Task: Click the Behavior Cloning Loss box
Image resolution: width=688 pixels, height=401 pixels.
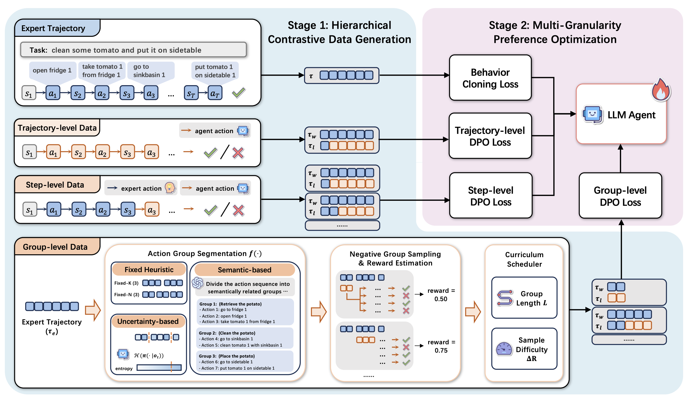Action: pyautogui.click(x=490, y=78)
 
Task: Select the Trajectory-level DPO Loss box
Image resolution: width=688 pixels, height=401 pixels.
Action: pyautogui.click(x=490, y=136)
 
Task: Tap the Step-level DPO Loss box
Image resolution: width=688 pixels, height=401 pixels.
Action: pyautogui.click(x=491, y=196)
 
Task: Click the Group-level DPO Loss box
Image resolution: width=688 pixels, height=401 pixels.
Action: pyautogui.click(x=620, y=196)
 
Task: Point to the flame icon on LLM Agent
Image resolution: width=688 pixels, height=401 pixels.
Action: pyautogui.click(x=660, y=90)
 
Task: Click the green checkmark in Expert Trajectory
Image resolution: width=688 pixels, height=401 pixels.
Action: pyautogui.click(x=238, y=93)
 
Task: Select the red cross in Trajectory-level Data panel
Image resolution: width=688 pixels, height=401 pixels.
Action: pyautogui.click(x=238, y=153)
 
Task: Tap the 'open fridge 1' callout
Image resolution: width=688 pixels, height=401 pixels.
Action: pyautogui.click(x=52, y=70)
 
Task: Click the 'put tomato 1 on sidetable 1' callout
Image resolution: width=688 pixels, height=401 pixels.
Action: pyautogui.click(x=215, y=71)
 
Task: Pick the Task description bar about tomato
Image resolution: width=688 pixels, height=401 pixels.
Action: pyautogui.click(x=133, y=50)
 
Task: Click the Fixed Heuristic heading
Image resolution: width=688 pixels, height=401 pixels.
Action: pyautogui.click(x=149, y=270)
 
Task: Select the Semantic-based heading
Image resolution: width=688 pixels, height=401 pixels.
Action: pyautogui.click(x=244, y=270)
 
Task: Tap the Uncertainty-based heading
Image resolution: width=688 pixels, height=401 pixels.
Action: pyautogui.click(x=148, y=321)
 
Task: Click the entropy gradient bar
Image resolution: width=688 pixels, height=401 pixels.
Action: pyautogui.click(x=159, y=367)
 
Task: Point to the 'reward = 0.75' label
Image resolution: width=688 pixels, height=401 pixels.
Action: pyautogui.click(x=441, y=346)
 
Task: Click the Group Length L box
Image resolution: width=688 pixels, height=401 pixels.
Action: pyautogui.click(x=524, y=298)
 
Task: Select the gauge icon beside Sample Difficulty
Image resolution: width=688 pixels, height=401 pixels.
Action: pyautogui.click(x=504, y=349)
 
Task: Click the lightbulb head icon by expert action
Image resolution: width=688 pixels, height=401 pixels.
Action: pyautogui.click(x=170, y=188)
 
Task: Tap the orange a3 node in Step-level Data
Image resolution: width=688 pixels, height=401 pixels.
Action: pyautogui.click(x=152, y=210)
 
